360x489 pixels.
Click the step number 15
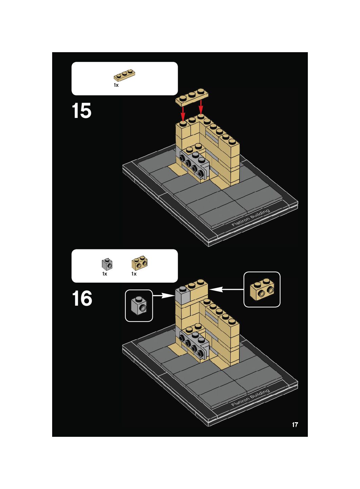tap(81, 111)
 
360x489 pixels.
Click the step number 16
tap(82, 298)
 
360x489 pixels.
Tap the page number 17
tap(295, 425)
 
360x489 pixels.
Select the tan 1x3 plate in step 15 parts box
tap(124, 75)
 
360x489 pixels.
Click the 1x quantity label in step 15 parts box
tap(116, 85)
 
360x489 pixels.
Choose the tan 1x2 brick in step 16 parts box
tap(140, 263)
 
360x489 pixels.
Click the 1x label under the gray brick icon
tap(105, 274)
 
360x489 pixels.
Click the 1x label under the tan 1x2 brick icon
tap(134, 274)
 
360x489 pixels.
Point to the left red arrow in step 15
tap(183, 113)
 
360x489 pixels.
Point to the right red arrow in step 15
tap(201, 107)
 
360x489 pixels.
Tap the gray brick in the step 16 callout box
tap(139, 306)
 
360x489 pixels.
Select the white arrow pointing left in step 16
tap(226, 289)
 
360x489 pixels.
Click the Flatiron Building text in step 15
tap(251, 218)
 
